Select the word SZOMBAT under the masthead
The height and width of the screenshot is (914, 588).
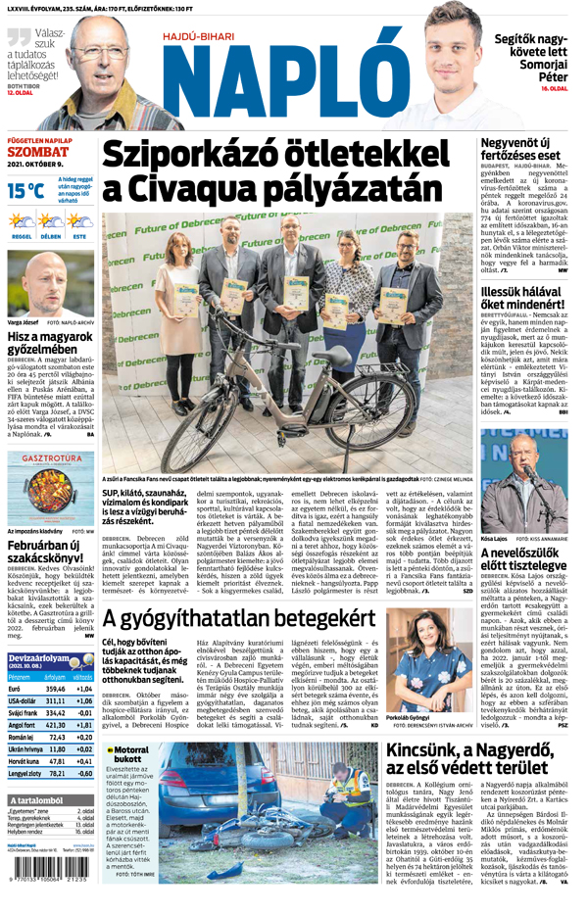coord(38,152)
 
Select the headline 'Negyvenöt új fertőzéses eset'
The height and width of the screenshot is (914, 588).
coord(519,148)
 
